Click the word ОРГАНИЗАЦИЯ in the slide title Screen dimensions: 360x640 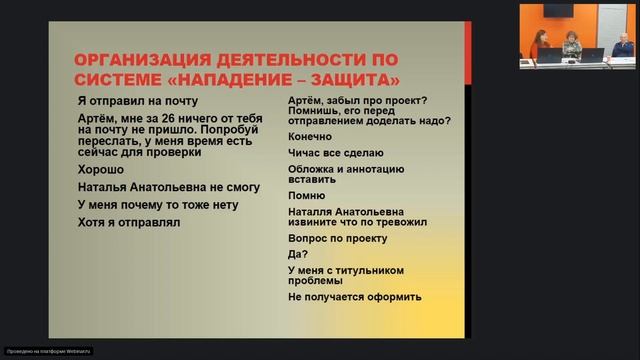[136, 57]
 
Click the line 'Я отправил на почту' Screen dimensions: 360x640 [137, 101]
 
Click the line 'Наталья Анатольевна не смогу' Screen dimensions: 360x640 [154, 187]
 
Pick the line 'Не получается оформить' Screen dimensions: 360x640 [354, 297]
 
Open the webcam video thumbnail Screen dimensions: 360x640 [577, 36]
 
